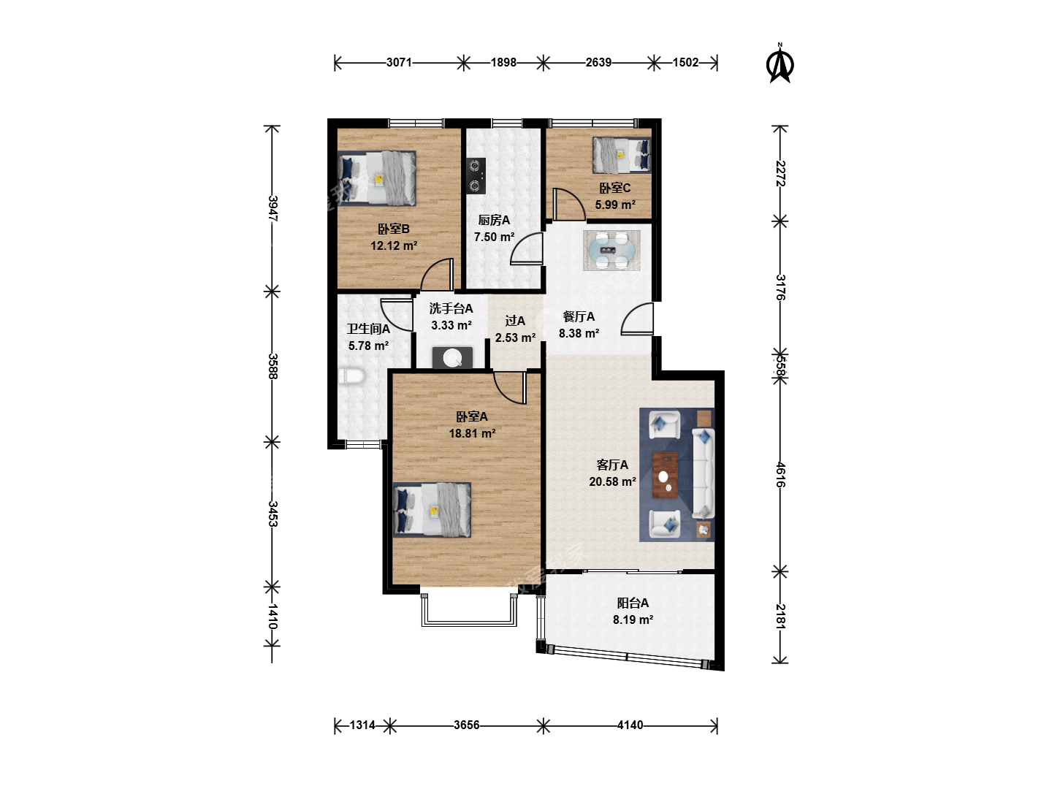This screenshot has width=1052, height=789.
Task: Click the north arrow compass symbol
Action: (x=780, y=64)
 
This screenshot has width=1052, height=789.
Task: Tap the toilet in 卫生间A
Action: (x=351, y=376)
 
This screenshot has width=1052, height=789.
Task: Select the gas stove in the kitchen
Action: (x=476, y=176)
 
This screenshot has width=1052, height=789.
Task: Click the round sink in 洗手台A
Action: (x=452, y=357)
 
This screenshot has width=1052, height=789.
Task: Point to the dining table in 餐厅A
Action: (x=611, y=250)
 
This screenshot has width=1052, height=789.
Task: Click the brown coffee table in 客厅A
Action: (x=665, y=475)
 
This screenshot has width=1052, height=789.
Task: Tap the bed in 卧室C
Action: (x=622, y=155)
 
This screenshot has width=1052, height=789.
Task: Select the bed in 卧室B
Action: (x=376, y=179)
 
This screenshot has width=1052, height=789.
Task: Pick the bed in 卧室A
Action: (x=432, y=510)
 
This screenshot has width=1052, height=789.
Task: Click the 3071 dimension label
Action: (x=399, y=62)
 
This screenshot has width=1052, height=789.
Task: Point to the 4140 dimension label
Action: (x=630, y=725)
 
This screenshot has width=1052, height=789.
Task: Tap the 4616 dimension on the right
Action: (x=780, y=475)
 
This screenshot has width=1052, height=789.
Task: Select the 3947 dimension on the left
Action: (x=272, y=208)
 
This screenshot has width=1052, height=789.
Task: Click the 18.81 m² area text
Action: (x=472, y=433)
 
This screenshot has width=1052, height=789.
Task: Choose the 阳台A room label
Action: (x=633, y=603)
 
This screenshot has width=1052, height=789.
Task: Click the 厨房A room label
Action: (x=494, y=221)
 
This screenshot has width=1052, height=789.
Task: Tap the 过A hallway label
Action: (x=515, y=321)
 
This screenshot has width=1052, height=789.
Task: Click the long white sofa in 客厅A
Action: (x=703, y=473)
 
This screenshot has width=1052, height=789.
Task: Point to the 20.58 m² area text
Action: (x=612, y=481)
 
